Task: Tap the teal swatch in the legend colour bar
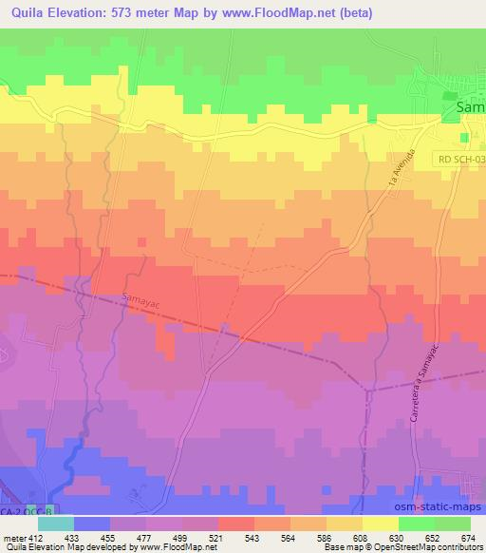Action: pyautogui.click(x=55, y=523)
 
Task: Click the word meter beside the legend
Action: pyautogui.click(x=11, y=537)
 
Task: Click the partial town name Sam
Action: pyautogui.click(x=471, y=108)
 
